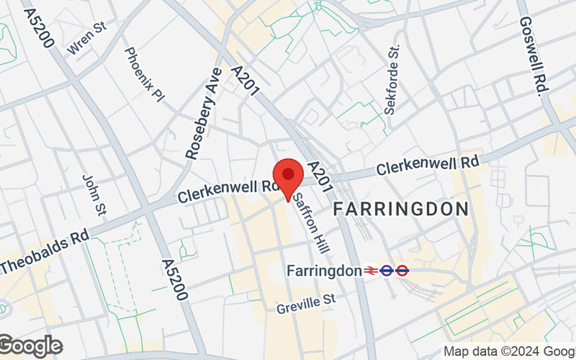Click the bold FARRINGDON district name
[401, 210]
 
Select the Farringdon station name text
[323, 271]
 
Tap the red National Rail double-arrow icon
[371, 271]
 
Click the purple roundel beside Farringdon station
[387, 271]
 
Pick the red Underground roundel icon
[402, 271]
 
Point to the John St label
[94, 194]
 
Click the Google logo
[30, 346]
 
